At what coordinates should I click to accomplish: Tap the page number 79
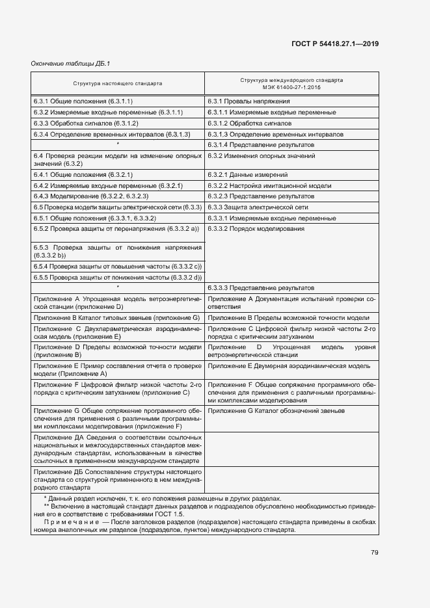point(375,553)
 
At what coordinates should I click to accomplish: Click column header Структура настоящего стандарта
point(118,83)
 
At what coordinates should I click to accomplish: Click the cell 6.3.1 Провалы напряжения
point(249,101)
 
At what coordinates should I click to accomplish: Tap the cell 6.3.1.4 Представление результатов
point(260,144)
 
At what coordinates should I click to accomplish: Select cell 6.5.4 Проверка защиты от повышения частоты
point(117,267)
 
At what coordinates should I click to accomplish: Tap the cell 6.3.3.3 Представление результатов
point(260,287)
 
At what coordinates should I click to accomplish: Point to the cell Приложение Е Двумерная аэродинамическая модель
point(289,367)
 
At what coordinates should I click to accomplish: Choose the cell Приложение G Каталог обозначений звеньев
point(276,411)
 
